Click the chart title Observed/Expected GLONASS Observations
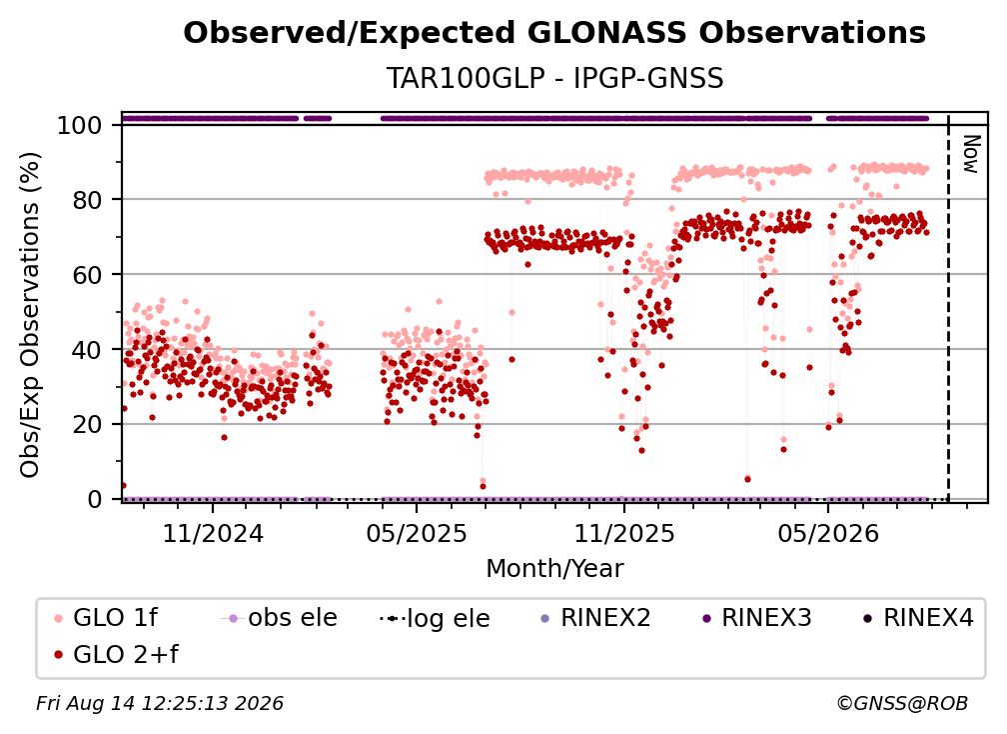(x=554, y=33)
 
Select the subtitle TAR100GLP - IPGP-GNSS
(x=554, y=78)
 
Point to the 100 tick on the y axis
(x=79, y=125)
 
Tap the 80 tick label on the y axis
(x=87, y=200)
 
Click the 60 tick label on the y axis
(x=87, y=275)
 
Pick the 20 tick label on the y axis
(x=87, y=425)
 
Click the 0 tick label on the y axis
(x=94, y=499)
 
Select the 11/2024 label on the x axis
(x=213, y=533)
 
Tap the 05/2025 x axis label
(x=417, y=533)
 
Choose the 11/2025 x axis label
(x=624, y=533)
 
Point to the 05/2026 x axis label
(x=828, y=533)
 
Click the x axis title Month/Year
(x=554, y=569)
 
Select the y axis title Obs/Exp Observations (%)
(x=30, y=315)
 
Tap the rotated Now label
(x=971, y=154)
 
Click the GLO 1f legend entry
(x=106, y=618)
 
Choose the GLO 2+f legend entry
(x=116, y=655)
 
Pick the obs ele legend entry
(x=278, y=618)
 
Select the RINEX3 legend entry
(x=756, y=618)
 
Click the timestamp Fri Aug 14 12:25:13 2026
(x=160, y=704)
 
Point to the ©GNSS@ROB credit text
(x=902, y=704)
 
